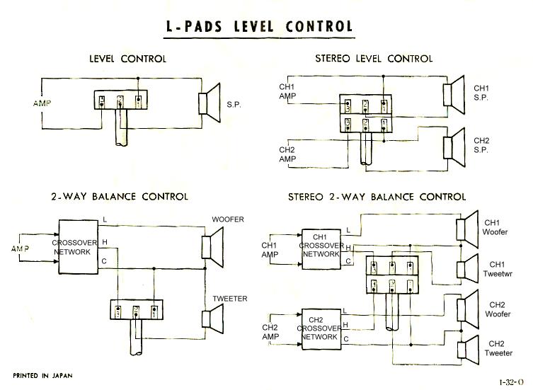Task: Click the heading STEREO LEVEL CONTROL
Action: point(373,59)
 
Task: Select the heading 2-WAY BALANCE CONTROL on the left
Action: point(119,196)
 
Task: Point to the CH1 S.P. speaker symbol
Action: point(452,94)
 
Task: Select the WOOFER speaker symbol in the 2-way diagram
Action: point(212,246)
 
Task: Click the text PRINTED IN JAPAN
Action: point(42,374)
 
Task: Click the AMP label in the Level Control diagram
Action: point(42,103)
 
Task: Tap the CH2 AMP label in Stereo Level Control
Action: point(287,154)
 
